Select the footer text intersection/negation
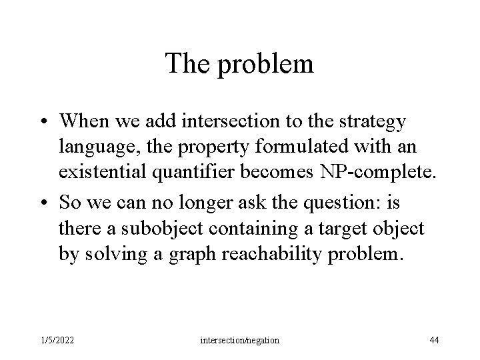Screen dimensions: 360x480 (240, 341)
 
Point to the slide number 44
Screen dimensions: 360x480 (434, 341)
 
